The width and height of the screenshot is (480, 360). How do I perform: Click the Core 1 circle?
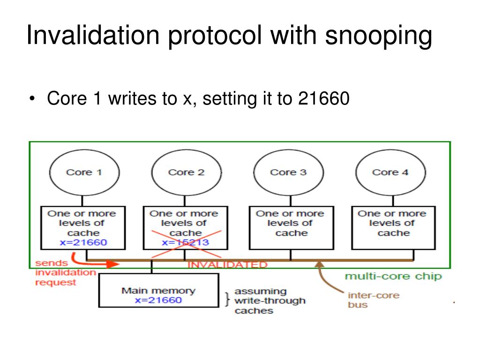coord(84,172)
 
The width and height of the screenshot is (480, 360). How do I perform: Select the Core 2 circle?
coord(186,172)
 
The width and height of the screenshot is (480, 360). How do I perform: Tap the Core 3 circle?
coord(288,172)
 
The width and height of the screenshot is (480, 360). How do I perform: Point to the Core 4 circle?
coord(390,172)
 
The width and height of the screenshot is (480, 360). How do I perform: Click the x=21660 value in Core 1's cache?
coord(83,242)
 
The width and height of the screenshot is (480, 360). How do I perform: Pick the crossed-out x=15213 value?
coord(186,242)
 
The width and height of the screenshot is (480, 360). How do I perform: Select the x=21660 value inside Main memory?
coord(158,300)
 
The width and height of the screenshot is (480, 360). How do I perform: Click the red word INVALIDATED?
coord(227,265)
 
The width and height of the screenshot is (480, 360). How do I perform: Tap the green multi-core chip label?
coord(393,276)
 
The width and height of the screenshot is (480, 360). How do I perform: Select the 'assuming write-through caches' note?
coord(270,301)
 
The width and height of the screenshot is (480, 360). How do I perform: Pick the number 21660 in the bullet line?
coord(323,99)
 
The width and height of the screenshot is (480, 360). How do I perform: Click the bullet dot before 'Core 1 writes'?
coord(32,99)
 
